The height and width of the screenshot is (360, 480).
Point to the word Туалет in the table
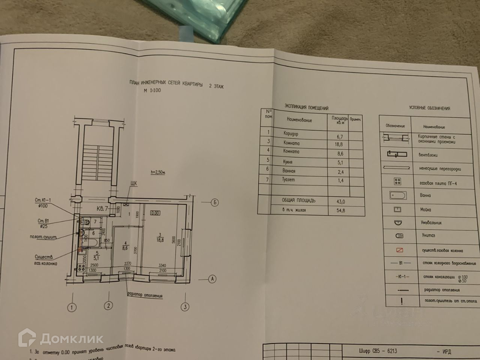289,180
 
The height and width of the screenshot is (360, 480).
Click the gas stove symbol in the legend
398,181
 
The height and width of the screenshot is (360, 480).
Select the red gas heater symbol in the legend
399,250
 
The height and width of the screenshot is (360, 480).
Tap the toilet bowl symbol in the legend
399,236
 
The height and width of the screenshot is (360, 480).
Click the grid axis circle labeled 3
184,307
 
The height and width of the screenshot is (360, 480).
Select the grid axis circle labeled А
213,279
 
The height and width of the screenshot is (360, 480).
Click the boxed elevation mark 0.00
154,213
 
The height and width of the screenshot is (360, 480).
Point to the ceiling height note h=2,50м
157,172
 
